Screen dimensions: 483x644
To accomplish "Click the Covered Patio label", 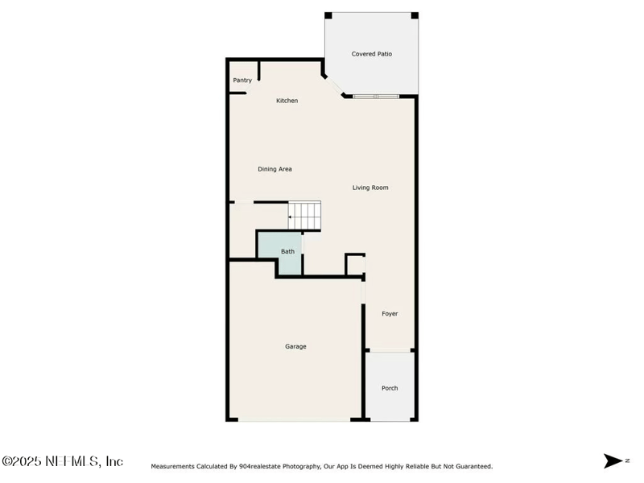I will pyautogui.click(x=371, y=54).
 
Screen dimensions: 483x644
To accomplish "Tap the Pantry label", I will pyautogui.click(x=242, y=80).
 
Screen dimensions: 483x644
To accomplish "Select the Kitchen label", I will pyautogui.click(x=287, y=101).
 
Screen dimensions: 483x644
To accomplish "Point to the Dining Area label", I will pyautogui.click(x=275, y=169).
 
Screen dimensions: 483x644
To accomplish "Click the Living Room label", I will pyautogui.click(x=370, y=188).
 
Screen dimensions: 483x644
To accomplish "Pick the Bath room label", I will pyautogui.click(x=287, y=251).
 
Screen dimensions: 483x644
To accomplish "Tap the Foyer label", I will pyautogui.click(x=390, y=314).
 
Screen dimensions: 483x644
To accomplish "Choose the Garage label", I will pyautogui.click(x=295, y=346).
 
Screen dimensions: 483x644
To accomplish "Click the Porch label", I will pyautogui.click(x=390, y=388).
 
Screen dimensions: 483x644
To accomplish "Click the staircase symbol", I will pyautogui.click(x=306, y=215).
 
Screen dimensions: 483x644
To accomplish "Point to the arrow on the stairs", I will pyautogui.click(x=291, y=217).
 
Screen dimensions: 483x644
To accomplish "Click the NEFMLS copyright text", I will pyautogui.click(x=63, y=461).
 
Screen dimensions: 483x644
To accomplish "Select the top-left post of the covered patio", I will pyautogui.click(x=328, y=15).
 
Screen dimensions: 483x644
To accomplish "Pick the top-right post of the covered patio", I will pyautogui.click(x=415, y=15).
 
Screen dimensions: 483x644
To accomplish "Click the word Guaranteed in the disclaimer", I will pyautogui.click(x=471, y=466).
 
